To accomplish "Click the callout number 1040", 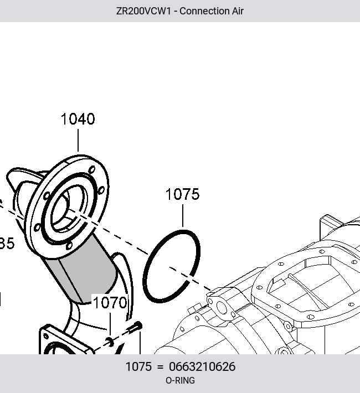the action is point(78,119).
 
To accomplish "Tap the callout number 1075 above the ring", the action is point(183,194).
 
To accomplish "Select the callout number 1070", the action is point(110,302).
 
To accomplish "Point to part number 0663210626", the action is point(202,366).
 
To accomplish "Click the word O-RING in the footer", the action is point(180,380).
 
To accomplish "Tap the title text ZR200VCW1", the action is point(143,11).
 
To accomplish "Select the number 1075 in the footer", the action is point(138,366).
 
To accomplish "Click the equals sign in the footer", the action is point(160,367).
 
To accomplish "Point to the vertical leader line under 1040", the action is point(78,141).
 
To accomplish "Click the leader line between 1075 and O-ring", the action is point(183,215).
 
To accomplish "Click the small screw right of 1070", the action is point(135,328).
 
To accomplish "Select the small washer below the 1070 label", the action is point(110,342).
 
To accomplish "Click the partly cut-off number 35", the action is point(7,244).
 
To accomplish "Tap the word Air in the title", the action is point(238,11).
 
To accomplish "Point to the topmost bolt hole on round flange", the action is point(92,170).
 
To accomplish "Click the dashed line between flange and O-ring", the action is point(113,234).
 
